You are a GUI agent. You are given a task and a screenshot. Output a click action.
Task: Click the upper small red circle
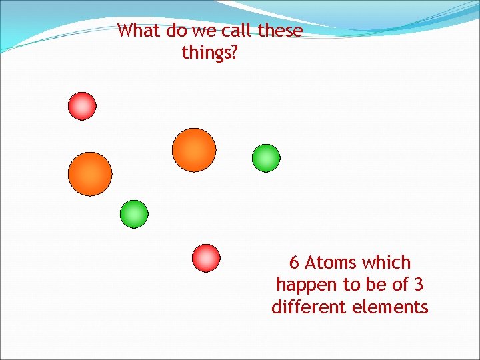[x=83, y=106]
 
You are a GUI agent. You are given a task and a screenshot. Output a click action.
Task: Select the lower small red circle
[x=206, y=258]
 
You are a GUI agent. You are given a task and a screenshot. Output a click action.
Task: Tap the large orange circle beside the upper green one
[x=194, y=150]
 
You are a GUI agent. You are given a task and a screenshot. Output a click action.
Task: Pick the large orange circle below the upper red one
[x=90, y=174]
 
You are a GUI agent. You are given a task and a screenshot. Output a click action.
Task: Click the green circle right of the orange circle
[x=266, y=158]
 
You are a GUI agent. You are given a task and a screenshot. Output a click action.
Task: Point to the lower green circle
[x=134, y=214]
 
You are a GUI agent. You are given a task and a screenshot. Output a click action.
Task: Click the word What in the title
[x=138, y=31]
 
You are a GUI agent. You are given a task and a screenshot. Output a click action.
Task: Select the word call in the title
[x=235, y=31]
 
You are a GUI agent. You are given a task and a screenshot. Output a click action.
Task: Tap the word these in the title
[x=280, y=31]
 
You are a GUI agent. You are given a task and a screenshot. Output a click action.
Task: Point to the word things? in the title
[x=209, y=53]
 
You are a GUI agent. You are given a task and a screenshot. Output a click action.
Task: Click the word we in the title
[x=202, y=31]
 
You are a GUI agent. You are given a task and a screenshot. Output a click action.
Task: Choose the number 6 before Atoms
[x=294, y=263]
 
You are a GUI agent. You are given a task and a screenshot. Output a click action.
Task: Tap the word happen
[x=307, y=285]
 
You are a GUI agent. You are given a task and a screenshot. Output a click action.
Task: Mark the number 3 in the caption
[x=418, y=285]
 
